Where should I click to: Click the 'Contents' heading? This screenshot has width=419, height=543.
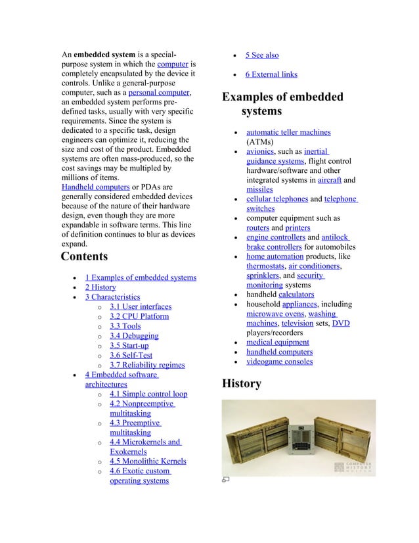(x=84, y=256)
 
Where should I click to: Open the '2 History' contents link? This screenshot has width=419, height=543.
(x=100, y=287)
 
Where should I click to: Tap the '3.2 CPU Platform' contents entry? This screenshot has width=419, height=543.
(x=139, y=316)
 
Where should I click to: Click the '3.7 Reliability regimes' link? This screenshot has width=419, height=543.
(x=147, y=365)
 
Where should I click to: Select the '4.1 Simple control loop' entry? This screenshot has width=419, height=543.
(x=148, y=394)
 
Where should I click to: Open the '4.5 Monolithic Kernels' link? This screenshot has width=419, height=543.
(x=148, y=461)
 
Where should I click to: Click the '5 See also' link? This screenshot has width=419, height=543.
(x=262, y=56)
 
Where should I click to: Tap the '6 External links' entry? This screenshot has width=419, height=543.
(x=271, y=75)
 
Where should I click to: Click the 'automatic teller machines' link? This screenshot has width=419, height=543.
(x=288, y=132)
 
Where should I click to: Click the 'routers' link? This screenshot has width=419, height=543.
(x=257, y=228)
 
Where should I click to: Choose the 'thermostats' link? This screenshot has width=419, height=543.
(x=265, y=266)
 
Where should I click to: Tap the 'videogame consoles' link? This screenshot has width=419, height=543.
(x=279, y=362)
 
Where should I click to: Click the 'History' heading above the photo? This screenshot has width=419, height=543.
(x=242, y=383)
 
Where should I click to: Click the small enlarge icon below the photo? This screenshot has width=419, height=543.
(x=225, y=481)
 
